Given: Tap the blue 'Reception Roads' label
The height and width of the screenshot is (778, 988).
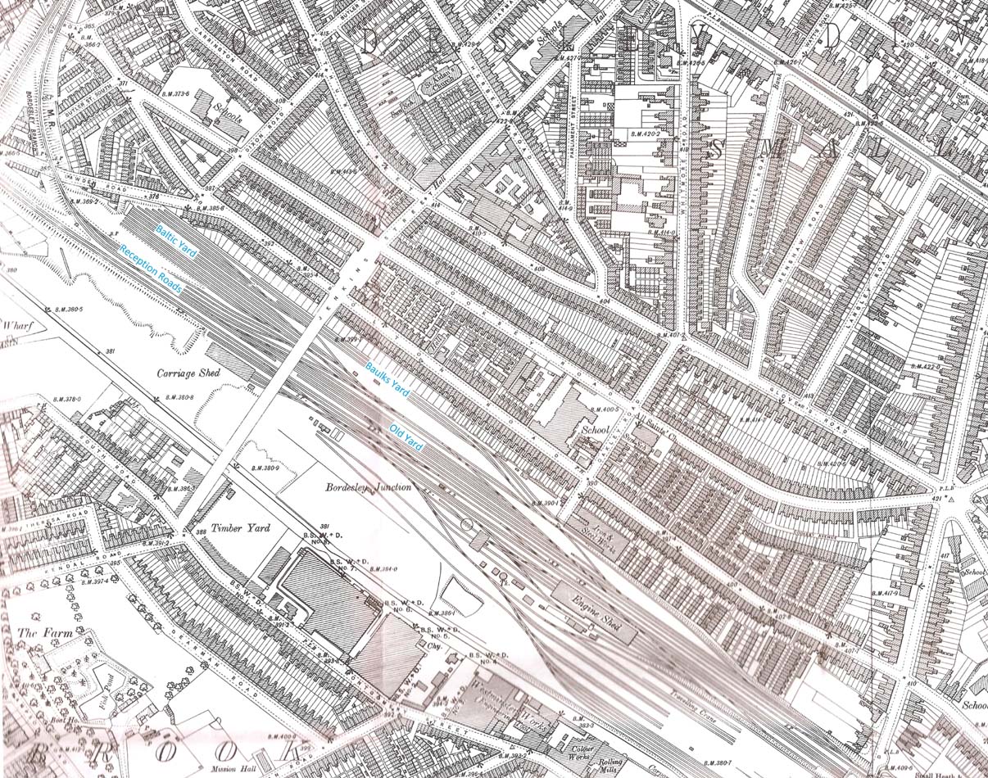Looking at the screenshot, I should [x=151, y=269].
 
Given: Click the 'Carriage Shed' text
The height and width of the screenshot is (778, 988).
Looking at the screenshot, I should [x=188, y=373].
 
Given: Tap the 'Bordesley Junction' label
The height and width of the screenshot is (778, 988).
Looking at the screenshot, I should [x=368, y=486].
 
